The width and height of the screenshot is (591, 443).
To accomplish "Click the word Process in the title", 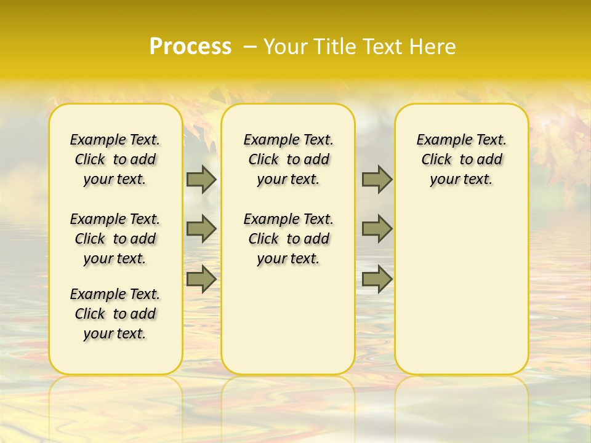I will point(190,47).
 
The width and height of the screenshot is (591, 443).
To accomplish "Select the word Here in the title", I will point(434,47).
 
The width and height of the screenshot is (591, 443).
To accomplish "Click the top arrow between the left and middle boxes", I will point(201,179).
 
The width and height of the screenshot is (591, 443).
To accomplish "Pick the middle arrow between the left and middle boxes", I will point(201,229).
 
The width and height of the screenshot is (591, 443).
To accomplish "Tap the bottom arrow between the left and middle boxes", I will point(201,279).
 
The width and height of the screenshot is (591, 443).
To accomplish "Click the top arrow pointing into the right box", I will point(377,179).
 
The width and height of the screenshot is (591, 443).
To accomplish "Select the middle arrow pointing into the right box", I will point(377,229).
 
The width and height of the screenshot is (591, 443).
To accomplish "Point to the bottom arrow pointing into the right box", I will point(377,279).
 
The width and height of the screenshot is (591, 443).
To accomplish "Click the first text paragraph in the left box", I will point(115,159).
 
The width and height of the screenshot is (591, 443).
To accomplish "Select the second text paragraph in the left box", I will point(115,239).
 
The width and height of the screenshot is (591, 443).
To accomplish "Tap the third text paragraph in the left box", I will point(115,314).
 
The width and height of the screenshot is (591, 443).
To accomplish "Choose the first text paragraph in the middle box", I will point(288,159).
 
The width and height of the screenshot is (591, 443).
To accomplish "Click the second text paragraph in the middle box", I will point(288,239).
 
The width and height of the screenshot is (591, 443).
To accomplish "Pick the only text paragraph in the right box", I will point(462,159).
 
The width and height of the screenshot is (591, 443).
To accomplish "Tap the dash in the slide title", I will point(250,47).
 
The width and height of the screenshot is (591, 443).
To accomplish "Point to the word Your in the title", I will point(285,47).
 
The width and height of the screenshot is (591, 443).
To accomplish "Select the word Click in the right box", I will point(436,160).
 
